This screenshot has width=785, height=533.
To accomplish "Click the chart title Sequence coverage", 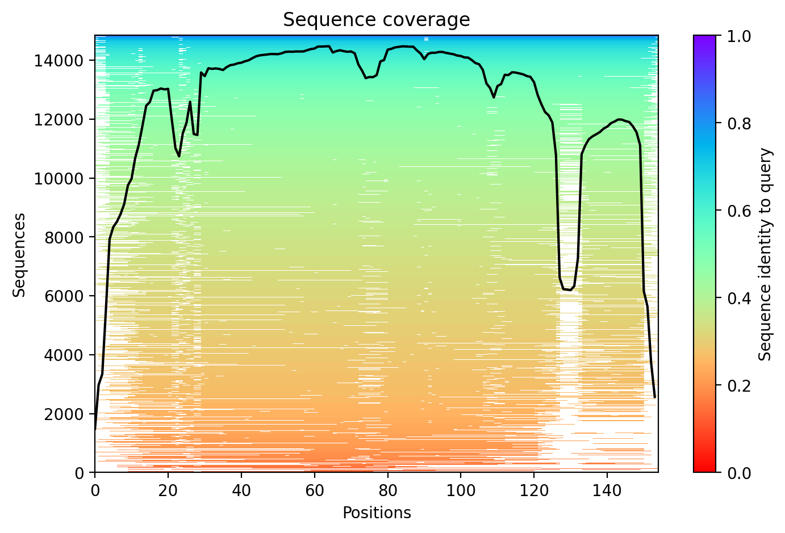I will tap(376, 20).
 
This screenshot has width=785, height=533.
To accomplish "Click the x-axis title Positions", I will tap(376, 513).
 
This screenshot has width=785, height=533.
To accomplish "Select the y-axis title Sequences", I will tap(19, 254).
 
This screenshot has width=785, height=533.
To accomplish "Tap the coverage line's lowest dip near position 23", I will tap(179, 156).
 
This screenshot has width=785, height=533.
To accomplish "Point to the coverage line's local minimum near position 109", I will tap(494, 98).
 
